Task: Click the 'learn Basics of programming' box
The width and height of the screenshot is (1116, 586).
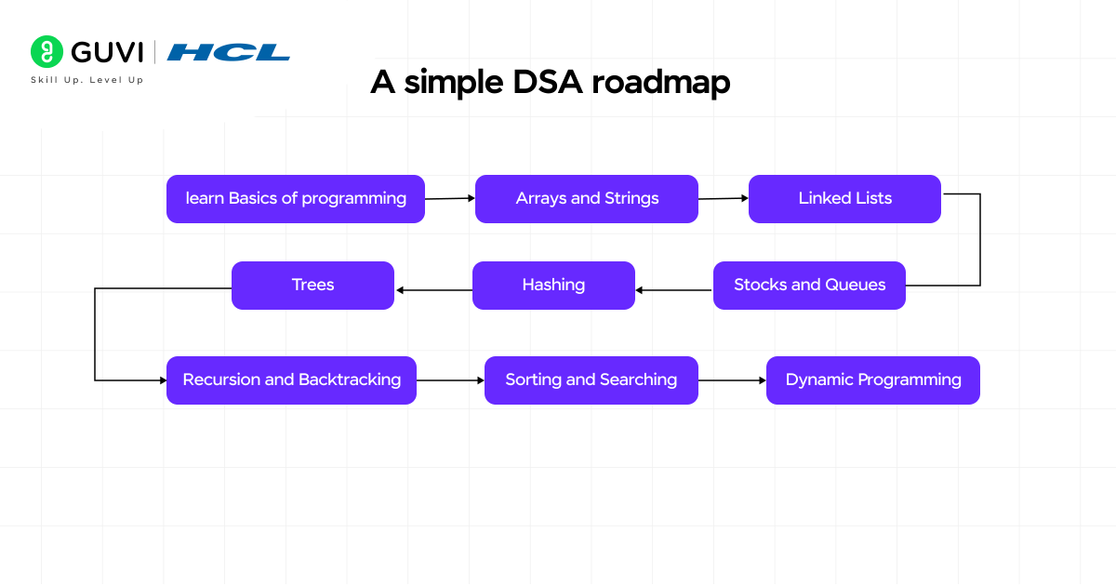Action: click(296, 199)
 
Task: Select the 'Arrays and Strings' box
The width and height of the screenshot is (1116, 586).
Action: click(587, 199)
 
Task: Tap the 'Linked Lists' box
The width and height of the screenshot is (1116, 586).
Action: click(844, 199)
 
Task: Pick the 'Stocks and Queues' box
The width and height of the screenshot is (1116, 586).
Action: click(809, 286)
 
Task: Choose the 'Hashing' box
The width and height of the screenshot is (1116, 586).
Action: click(553, 286)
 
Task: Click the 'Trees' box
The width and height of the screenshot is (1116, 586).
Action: click(312, 286)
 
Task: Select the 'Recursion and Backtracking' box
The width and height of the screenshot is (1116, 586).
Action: click(291, 380)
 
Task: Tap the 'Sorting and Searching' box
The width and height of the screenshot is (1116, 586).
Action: click(591, 380)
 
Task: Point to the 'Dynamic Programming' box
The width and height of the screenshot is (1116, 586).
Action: click(872, 380)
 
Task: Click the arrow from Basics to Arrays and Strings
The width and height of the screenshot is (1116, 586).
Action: click(450, 198)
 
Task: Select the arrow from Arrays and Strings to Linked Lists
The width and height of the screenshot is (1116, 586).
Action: click(724, 198)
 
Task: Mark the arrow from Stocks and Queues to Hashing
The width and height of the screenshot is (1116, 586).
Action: click(674, 290)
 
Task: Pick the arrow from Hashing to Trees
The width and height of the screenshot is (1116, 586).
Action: click(433, 290)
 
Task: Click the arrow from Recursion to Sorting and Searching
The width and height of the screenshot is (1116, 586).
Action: click(450, 380)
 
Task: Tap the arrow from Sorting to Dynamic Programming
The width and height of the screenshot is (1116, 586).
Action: click(732, 380)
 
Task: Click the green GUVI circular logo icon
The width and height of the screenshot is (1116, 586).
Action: click(46, 52)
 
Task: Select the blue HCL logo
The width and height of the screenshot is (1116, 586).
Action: click(229, 52)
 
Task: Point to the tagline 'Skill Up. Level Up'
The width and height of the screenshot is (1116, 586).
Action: click(86, 81)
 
